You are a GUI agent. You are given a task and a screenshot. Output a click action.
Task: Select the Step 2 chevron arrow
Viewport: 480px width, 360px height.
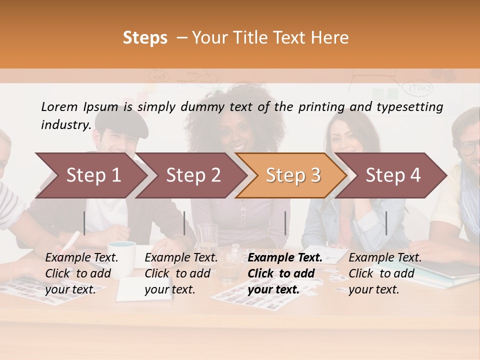point(193,175)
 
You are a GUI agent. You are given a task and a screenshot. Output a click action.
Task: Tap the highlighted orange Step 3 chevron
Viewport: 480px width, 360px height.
point(293,175)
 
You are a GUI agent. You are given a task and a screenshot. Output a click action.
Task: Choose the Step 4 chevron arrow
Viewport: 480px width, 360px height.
point(393,175)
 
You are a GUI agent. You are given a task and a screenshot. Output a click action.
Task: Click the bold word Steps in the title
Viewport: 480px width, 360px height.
point(145,37)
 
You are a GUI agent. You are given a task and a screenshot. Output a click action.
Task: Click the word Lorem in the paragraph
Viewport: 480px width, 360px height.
point(59,106)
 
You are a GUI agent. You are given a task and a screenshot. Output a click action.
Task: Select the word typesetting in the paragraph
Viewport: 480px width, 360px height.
point(409,106)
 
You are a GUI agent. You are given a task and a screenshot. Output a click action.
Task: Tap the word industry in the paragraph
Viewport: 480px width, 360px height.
point(65,125)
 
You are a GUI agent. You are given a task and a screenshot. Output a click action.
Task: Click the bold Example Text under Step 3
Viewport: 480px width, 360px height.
point(285,258)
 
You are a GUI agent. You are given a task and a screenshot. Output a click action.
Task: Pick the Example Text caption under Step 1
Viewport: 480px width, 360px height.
point(81,258)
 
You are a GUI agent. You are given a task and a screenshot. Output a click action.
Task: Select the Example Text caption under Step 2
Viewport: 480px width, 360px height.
point(181,258)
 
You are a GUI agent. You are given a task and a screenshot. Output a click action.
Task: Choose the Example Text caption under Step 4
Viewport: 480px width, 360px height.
point(385,258)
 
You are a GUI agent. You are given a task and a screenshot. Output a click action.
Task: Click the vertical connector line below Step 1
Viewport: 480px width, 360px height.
point(84,223)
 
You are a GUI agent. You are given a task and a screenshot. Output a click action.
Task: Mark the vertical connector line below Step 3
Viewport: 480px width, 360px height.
point(285,223)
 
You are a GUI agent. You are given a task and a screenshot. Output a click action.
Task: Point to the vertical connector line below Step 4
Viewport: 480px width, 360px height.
point(386,223)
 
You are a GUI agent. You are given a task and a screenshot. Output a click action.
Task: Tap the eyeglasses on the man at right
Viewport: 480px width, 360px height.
point(469,147)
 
